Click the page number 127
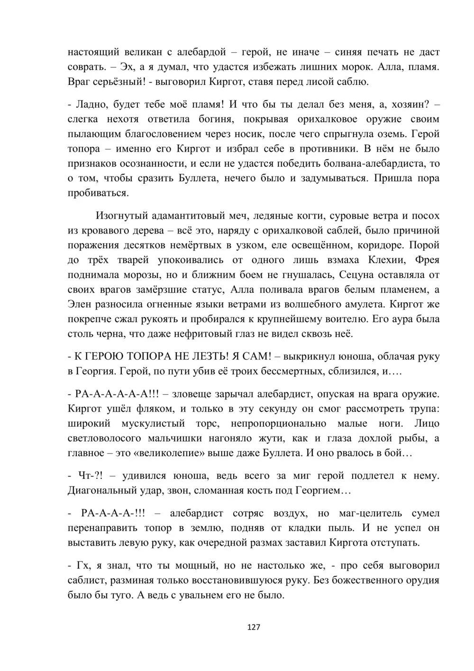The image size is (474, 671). (254, 627)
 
